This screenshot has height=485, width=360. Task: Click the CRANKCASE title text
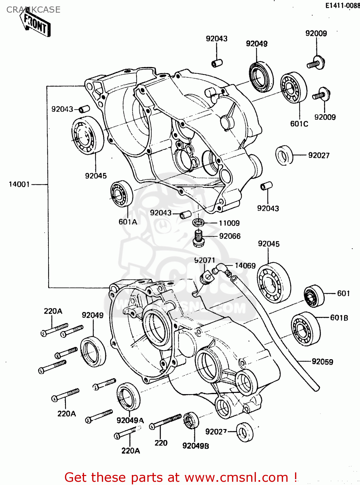[x=33, y=10]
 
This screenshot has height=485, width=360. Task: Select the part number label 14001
[x=19, y=184]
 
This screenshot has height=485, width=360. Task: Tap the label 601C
[x=299, y=124]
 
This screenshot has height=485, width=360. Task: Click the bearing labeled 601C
[x=293, y=87]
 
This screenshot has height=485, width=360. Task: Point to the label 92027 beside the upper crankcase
[x=319, y=156]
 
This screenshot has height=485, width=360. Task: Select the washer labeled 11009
[x=198, y=223]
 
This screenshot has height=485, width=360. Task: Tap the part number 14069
[x=245, y=266]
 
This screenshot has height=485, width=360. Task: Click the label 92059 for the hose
[x=322, y=362]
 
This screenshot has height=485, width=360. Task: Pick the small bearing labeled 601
[x=314, y=296]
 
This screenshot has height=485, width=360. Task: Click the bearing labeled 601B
[x=305, y=329]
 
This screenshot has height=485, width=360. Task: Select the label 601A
[x=128, y=222]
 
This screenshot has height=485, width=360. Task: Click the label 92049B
[x=196, y=446]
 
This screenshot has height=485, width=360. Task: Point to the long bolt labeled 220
[x=165, y=422]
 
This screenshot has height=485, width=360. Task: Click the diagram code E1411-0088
[x=342, y=5]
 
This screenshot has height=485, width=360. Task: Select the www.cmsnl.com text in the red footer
[x=236, y=477]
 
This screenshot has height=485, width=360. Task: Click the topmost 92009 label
[x=316, y=33]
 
